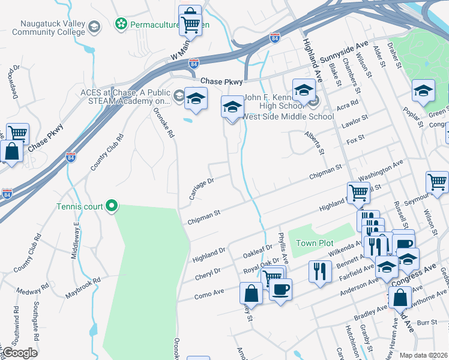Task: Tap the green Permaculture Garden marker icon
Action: pos(121,25)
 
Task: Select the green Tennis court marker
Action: pos(111,206)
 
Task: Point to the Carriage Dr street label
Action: pos(201,188)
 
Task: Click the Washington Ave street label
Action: pos(381,170)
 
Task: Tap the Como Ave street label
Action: pos(209,293)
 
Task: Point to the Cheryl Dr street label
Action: pos(208,274)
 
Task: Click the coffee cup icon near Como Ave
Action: pos(280,290)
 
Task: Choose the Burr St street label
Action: pos(427,322)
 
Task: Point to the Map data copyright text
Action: pos(423,355)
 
